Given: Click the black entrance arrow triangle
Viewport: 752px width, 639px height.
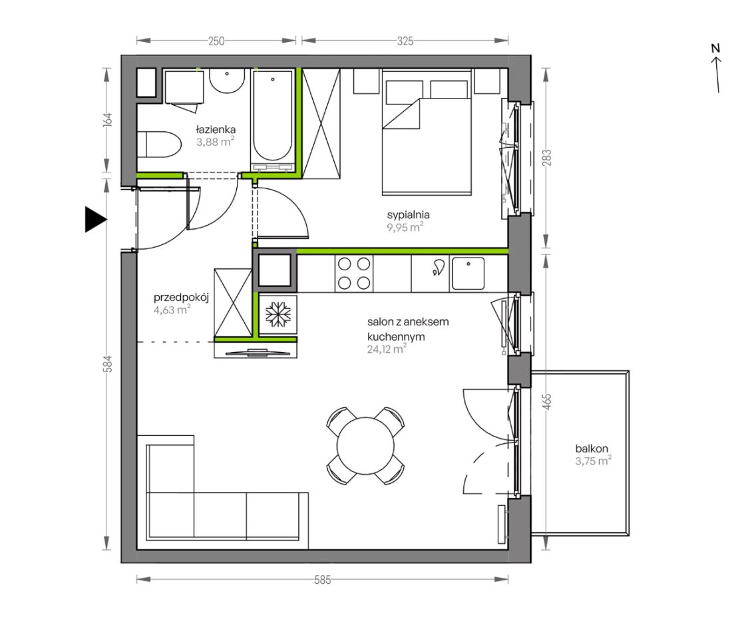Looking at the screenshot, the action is [x=95, y=220].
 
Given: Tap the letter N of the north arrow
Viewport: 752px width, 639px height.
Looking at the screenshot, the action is [x=715, y=48].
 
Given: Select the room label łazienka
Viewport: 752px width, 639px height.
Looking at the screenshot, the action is [x=216, y=130].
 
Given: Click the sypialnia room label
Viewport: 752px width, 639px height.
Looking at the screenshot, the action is [x=408, y=215].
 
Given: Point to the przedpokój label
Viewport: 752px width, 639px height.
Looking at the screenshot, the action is [x=181, y=298].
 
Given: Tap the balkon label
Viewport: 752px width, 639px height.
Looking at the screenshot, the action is [x=592, y=449].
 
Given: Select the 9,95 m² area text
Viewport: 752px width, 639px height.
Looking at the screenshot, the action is [x=405, y=227].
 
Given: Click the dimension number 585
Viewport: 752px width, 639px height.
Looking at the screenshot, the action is [x=322, y=580].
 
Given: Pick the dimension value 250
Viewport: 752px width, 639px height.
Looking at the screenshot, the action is [x=216, y=41].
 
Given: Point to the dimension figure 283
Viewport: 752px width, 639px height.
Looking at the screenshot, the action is [x=547, y=158].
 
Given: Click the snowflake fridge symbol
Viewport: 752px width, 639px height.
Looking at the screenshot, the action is [x=278, y=314].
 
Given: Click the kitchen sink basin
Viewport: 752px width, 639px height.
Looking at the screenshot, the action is [x=468, y=274].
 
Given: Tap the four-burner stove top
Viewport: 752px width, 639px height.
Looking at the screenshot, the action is [x=354, y=274].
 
